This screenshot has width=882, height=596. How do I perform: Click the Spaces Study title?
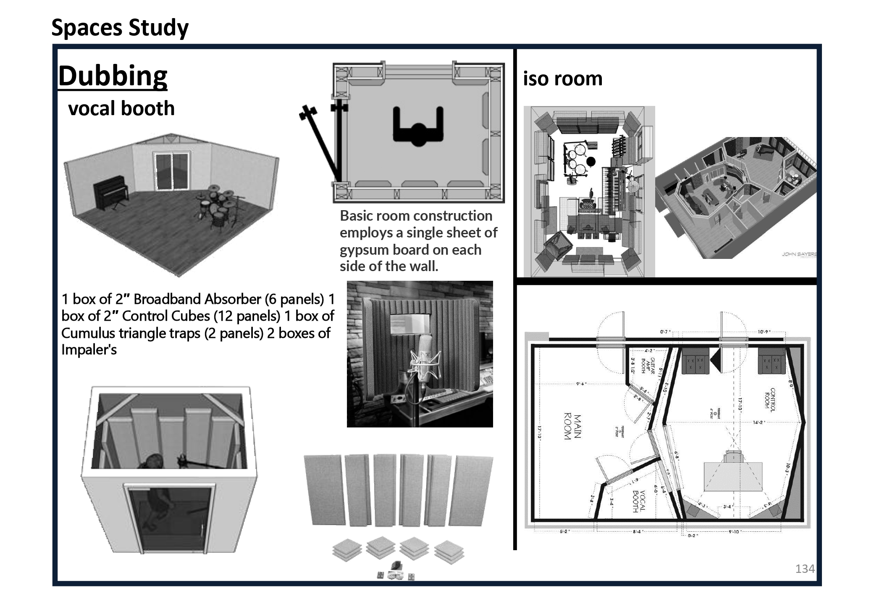[120, 28]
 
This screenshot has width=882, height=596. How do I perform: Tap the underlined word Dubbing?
[113, 76]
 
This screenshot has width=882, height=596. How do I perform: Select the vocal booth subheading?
[121, 108]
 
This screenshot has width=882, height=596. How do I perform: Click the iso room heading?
[562, 79]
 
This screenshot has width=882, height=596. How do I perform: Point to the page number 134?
[804, 569]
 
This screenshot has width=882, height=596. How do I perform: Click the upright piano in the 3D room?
[110, 193]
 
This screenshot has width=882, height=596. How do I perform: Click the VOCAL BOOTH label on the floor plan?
[638, 501]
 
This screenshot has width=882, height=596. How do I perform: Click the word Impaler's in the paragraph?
[89, 350]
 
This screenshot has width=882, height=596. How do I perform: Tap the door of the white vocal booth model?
[170, 519]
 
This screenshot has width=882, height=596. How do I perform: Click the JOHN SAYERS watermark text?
[798, 254]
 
